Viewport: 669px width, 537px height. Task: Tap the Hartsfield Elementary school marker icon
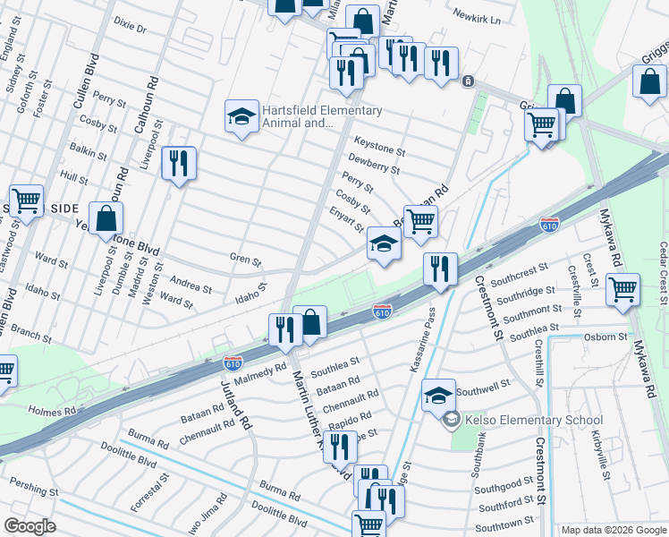coord(241,117)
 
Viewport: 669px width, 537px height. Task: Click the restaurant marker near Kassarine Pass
coord(440,269)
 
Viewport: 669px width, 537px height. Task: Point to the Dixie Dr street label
coord(130,27)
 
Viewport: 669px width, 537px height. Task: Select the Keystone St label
coord(379,141)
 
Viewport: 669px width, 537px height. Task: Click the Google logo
coord(30,525)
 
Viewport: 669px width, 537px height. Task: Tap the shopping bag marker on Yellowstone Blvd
coord(106,218)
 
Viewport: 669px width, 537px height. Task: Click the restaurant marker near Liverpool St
coord(179,164)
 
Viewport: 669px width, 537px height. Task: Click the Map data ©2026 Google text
coord(614,530)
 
